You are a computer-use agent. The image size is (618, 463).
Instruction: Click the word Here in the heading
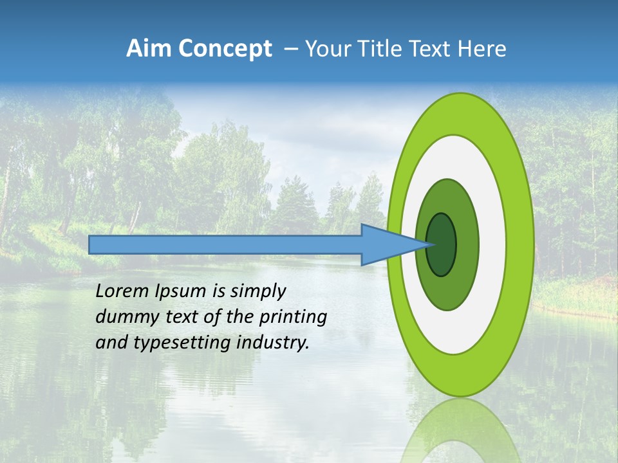482,49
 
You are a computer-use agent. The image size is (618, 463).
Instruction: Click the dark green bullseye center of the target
441,244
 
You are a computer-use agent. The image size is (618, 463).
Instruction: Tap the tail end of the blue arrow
93,244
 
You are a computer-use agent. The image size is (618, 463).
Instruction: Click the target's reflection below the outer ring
460,431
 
